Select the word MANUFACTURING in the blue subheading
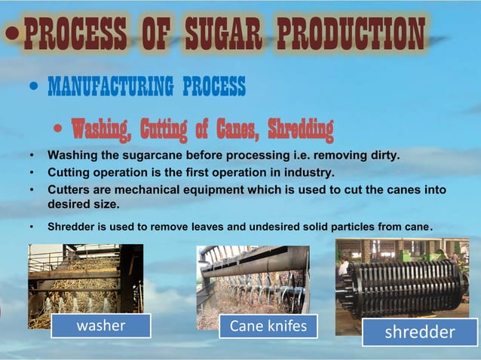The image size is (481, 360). pyautogui.click(x=110, y=87)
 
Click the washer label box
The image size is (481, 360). pyautogui.click(x=101, y=325)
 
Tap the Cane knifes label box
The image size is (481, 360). pyautogui.click(x=268, y=326)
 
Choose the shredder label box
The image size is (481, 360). pyautogui.click(x=420, y=331)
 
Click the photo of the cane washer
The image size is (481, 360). pyautogui.click(x=84, y=282)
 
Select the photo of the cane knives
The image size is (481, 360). pyautogui.click(x=253, y=282)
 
